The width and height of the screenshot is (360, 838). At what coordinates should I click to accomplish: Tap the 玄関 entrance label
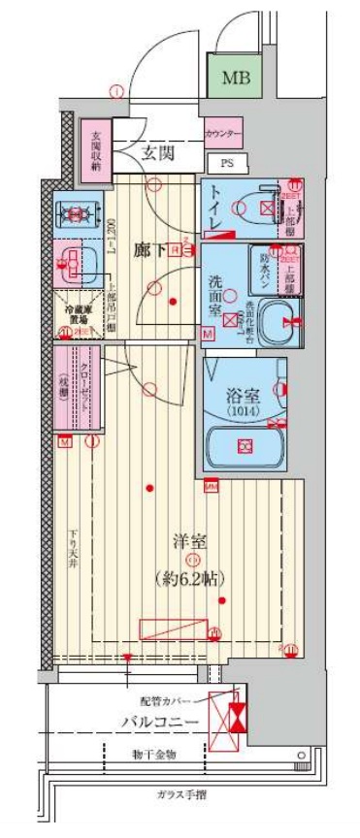click(155, 151)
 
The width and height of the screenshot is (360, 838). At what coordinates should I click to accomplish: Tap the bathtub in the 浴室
click(243, 443)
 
